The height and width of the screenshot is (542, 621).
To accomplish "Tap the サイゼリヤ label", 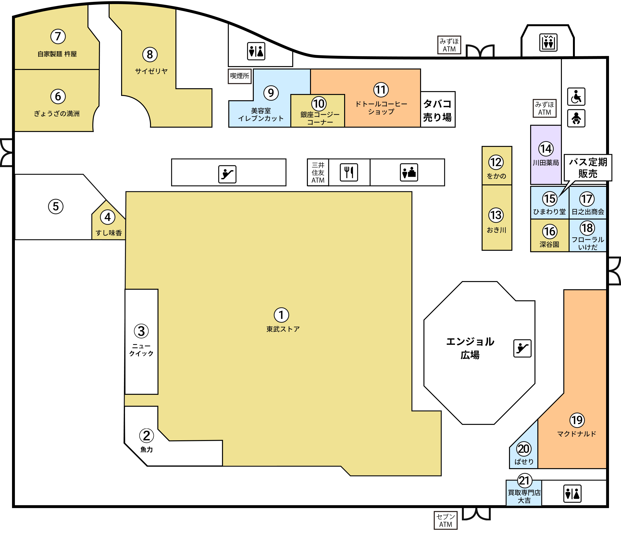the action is point(151,71).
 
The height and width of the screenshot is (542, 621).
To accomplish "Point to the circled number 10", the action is point(319,104).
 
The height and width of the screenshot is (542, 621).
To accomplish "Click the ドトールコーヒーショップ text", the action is point(381,108).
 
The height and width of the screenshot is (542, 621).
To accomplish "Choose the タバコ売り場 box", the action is point(438,109).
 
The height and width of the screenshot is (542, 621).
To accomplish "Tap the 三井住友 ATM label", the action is point(318,172).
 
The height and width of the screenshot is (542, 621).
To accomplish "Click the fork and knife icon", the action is point(349,172).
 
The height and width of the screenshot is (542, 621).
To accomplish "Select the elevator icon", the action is point(548,42).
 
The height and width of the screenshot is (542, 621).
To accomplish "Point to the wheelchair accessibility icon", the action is point(576,97).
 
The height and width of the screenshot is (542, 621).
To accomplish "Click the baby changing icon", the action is point(576,118).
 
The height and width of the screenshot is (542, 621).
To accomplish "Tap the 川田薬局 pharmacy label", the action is point(546,163).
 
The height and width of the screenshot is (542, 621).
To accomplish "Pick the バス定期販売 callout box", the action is point(588,168).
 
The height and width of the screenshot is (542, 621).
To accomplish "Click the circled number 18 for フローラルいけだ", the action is point(587,228).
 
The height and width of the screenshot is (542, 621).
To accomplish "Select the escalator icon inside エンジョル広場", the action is point(522,348).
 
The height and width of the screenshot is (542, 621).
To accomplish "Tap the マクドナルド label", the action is point(577,434).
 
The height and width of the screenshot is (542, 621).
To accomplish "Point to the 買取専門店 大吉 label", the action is point(524,497).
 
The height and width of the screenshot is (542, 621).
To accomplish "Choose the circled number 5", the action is point(56,207).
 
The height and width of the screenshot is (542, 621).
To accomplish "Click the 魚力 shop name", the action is point(147,449).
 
